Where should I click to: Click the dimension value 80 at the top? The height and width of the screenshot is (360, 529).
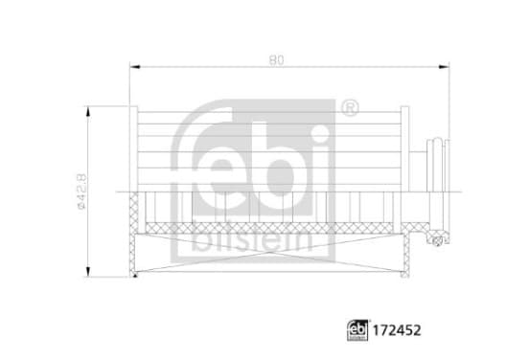[x=276, y=60]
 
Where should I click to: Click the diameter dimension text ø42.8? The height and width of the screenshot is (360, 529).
[x=82, y=191]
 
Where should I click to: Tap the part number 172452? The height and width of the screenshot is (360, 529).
[x=397, y=330]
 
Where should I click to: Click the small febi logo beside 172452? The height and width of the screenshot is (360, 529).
[x=357, y=330]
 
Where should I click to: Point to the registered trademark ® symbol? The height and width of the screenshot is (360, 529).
[x=350, y=108]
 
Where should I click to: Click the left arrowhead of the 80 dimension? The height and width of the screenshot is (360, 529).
[x=135, y=67]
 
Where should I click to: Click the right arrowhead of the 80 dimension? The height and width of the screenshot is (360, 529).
[x=444, y=67]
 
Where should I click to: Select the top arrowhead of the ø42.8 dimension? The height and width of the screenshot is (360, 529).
[x=88, y=112]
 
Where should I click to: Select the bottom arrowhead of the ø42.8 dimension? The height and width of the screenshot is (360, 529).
[x=88, y=272]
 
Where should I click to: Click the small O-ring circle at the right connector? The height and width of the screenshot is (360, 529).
[x=437, y=240]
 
